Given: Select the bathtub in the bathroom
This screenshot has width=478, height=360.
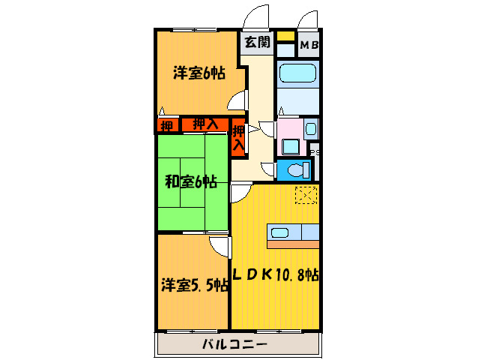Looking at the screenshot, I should tap(299, 76).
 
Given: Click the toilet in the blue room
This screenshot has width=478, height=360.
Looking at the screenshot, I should tap(296, 169).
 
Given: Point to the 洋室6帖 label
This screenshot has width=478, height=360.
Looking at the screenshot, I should tap(199, 73).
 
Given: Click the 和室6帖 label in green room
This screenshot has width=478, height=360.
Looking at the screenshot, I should tap(191, 181).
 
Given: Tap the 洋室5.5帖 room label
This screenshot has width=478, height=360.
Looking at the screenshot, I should tap(193, 285).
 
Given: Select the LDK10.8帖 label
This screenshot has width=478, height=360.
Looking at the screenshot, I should tap(275, 274).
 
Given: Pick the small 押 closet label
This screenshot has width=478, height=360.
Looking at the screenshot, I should tap(166, 125).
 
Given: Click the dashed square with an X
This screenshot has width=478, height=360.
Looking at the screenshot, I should tap(306, 194).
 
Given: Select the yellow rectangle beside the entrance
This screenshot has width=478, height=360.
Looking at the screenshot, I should tap(285, 35).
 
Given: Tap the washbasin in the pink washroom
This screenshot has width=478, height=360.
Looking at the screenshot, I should tap(310, 127).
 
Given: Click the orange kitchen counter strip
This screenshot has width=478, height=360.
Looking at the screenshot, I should tap(293, 244).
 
